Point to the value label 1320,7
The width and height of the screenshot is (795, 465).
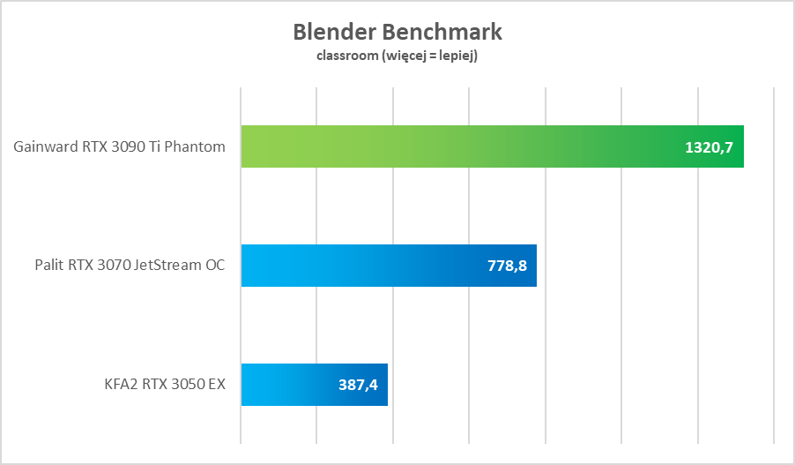(710, 146)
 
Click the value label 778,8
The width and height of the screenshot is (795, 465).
(507, 266)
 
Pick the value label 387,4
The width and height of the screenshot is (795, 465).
(358, 385)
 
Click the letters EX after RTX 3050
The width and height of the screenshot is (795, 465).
(215, 385)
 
